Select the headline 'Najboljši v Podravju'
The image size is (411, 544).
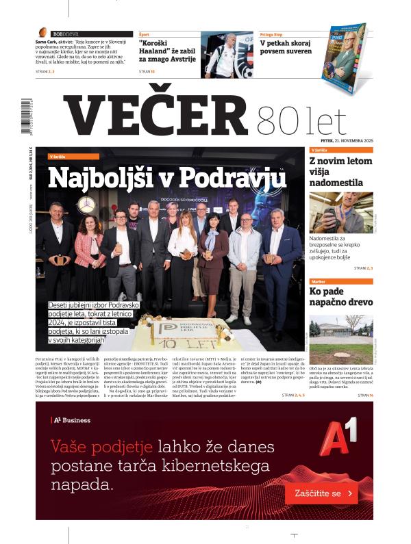pos(166,179)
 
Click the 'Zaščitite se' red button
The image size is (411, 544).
pos(321,493)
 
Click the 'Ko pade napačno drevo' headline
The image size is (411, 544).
pos(340,296)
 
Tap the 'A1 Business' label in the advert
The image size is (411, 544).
pos(71,419)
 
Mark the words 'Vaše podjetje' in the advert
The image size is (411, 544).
pos(102,447)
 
